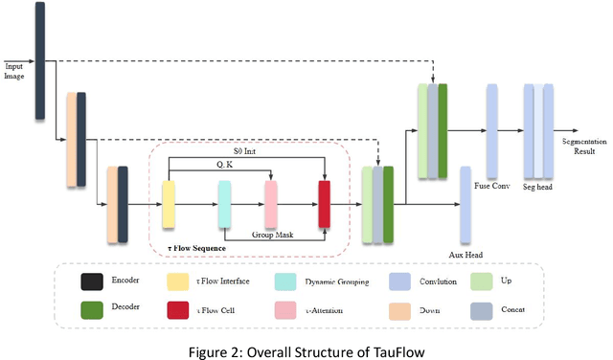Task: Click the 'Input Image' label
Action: coord(15,71)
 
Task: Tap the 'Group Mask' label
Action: coord(271,234)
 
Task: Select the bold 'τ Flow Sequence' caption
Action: coord(195,248)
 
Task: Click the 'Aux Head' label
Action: coord(464,256)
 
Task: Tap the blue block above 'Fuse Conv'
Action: coord(492,124)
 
